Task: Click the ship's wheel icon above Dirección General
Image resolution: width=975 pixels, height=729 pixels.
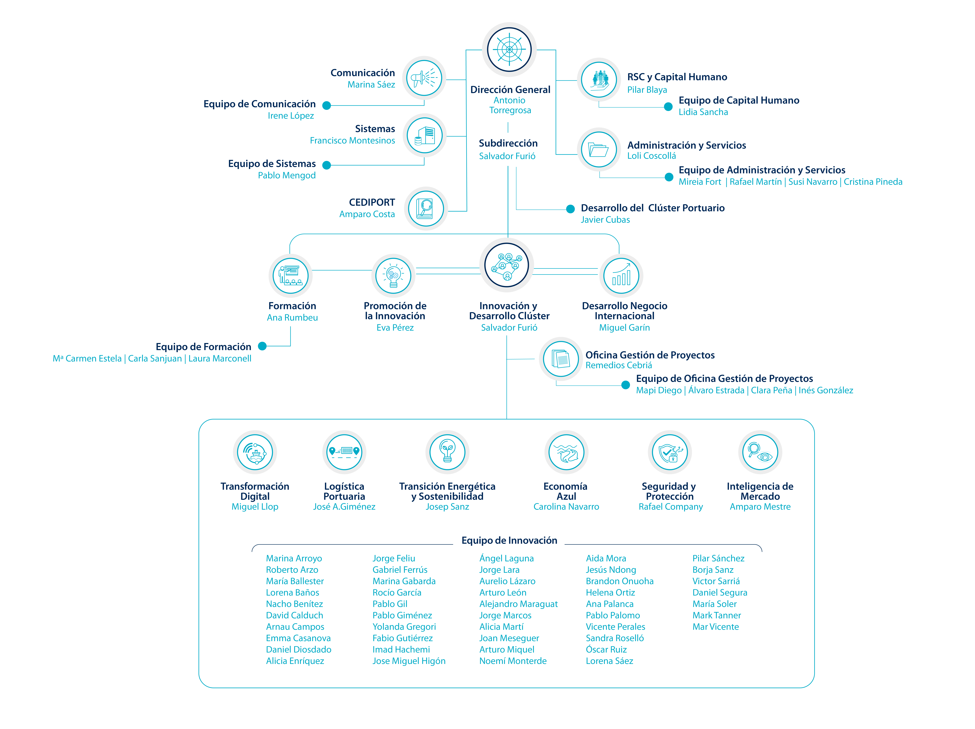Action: click(x=509, y=49)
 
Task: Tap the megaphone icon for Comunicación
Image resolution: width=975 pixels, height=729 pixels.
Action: click(x=424, y=78)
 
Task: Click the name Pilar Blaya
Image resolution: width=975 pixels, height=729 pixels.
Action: click(x=647, y=90)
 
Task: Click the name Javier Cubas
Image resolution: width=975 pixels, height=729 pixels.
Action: click(x=605, y=220)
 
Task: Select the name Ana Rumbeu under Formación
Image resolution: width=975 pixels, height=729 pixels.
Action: click(x=292, y=318)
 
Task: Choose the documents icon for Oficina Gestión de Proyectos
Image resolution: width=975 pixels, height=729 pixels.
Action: click(x=561, y=359)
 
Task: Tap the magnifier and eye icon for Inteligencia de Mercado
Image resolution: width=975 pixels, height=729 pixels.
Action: click(x=760, y=452)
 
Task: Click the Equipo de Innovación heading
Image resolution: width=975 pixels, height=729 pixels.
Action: click(x=509, y=541)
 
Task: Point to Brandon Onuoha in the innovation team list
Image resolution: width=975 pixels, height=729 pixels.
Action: click(x=619, y=581)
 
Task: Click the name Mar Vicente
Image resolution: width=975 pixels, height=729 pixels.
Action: click(x=715, y=627)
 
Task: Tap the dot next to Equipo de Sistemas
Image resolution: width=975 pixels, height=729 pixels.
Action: click(x=327, y=165)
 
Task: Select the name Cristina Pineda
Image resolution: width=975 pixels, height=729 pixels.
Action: click(x=873, y=182)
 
